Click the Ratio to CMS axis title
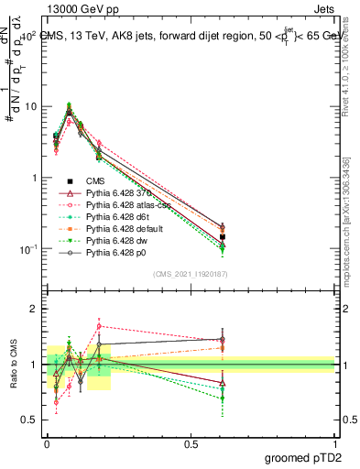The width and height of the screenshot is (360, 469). point(12,365)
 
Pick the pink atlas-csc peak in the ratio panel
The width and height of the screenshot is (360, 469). point(99,325)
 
